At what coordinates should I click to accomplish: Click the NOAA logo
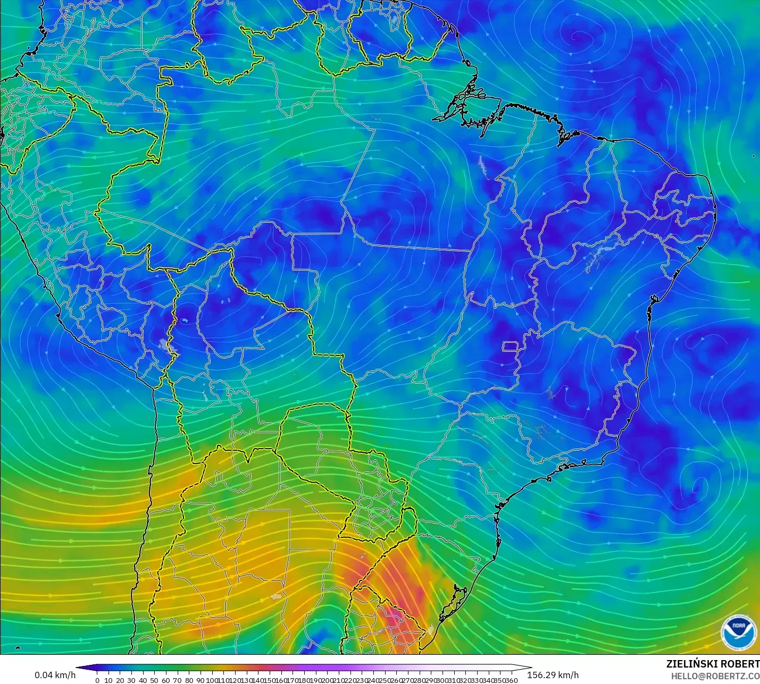click(x=739, y=632)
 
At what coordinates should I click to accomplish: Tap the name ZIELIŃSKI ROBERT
click(x=713, y=664)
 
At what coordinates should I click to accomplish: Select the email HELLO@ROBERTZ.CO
click(x=715, y=676)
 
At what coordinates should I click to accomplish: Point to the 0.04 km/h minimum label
click(x=55, y=675)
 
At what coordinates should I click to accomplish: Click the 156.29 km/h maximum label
click(x=553, y=675)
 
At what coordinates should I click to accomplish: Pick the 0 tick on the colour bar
click(x=97, y=680)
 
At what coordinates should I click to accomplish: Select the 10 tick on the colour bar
click(x=108, y=680)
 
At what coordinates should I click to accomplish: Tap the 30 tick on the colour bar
click(x=131, y=680)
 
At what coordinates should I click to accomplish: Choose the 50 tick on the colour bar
click(x=154, y=680)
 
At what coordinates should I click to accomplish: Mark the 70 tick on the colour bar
click(x=177, y=680)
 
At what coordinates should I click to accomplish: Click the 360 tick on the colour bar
click(x=512, y=680)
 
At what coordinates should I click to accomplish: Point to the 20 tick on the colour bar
click(x=120, y=680)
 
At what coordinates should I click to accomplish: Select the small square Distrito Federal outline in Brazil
click(x=510, y=347)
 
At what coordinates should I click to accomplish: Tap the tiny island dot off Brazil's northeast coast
click(x=754, y=156)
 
